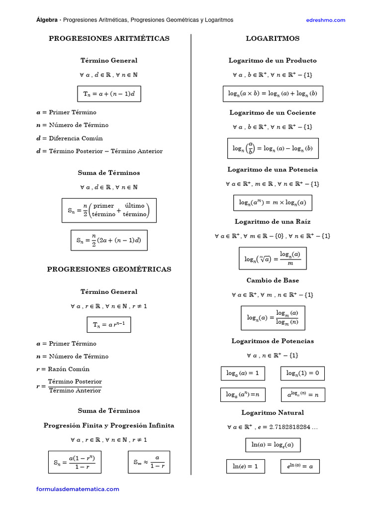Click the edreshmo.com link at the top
point(325,20)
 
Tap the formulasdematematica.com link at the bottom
point(78,489)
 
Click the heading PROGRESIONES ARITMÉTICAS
point(109,38)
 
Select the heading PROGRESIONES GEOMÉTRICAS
point(109,269)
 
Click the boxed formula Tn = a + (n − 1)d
point(109,94)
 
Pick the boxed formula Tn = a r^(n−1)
point(109,325)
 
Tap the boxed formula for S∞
point(149,462)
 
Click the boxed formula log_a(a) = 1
point(243,373)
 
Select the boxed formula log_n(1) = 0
point(303,373)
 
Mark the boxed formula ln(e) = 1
point(245,466)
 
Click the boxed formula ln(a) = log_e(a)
point(273,445)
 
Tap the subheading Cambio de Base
point(273,280)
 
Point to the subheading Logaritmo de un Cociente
point(273,113)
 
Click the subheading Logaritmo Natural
point(273,412)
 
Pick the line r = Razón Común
point(63,369)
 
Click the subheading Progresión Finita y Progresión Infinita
point(109,425)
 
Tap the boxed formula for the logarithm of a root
point(273,258)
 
